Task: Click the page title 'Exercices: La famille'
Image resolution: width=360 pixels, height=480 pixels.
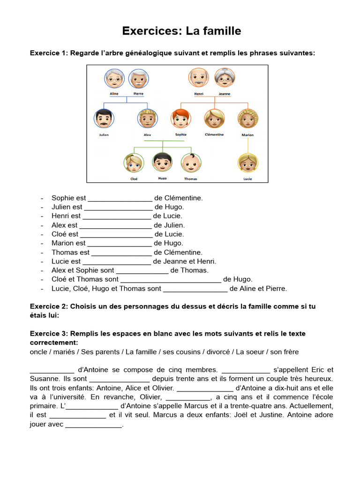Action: coord(181,31)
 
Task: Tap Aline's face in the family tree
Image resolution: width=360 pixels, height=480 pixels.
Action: coord(114,78)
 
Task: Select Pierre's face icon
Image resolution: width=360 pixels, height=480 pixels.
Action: coord(138,78)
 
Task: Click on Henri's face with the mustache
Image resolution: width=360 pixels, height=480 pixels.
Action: coord(198,77)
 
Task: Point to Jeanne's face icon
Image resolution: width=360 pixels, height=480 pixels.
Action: coord(224,77)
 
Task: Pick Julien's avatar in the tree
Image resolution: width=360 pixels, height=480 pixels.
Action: coord(104,119)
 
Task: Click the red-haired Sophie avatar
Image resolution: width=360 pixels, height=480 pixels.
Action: coord(180,119)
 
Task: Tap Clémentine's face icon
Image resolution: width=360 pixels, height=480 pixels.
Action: coord(214,119)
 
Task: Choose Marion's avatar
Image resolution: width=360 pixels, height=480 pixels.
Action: coord(247,119)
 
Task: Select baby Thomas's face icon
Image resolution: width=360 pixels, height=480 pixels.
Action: coord(191,163)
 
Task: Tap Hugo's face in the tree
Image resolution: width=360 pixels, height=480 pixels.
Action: coord(162,162)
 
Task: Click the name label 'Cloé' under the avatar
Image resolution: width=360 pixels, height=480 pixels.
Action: coord(134,179)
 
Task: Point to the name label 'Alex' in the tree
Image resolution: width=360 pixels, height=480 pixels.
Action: coord(147,135)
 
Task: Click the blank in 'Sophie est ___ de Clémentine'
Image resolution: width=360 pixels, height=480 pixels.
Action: coord(120,198)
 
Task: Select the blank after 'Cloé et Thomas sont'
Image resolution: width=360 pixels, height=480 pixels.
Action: coord(171,279)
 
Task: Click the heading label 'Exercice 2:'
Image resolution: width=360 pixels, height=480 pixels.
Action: coord(49,307)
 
